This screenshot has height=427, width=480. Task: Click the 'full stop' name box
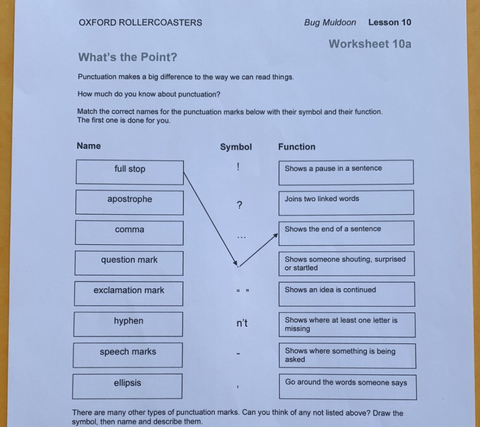tap(129, 172)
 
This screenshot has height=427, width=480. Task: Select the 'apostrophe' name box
tap(129, 202)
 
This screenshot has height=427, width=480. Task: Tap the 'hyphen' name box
tap(128, 324)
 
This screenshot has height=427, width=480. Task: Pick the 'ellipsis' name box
tap(127, 386)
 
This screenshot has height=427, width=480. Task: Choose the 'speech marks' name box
tap(127, 355)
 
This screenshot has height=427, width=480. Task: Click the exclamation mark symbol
tap(238, 167)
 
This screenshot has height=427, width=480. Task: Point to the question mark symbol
tap(240, 205)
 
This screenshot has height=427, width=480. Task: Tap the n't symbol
tap(242, 323)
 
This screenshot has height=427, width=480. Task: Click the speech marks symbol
tap(242, 291)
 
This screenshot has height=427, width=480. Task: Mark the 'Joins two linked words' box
tap(346, 202)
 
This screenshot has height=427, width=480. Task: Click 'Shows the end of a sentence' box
tap(346, 233)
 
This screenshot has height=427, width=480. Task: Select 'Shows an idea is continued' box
tap(346, 294)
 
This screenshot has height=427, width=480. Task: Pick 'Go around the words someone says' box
tap(347, 386)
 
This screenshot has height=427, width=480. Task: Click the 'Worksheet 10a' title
tap(370, 44)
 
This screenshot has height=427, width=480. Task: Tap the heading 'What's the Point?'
tap(127, 57)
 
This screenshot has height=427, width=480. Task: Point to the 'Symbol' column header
tap(236, 147)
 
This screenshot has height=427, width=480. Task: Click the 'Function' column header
tap(297, 147)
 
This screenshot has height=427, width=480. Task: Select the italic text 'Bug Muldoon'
tap(330, 23)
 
